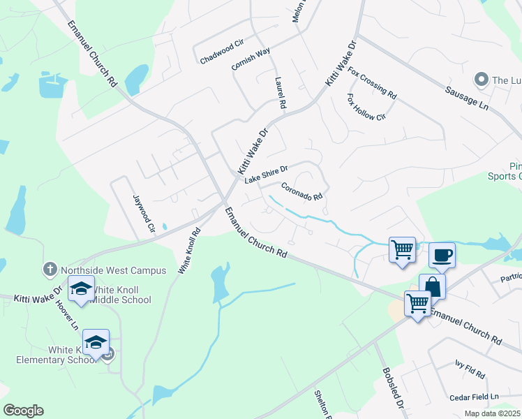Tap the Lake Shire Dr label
(266, 174)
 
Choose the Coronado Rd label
(302, 191)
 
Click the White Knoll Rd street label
(186, 250)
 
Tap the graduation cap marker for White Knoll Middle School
(82, 288)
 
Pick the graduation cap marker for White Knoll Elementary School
(96, 342)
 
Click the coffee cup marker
(441, 254)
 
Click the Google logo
(23, 411)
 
